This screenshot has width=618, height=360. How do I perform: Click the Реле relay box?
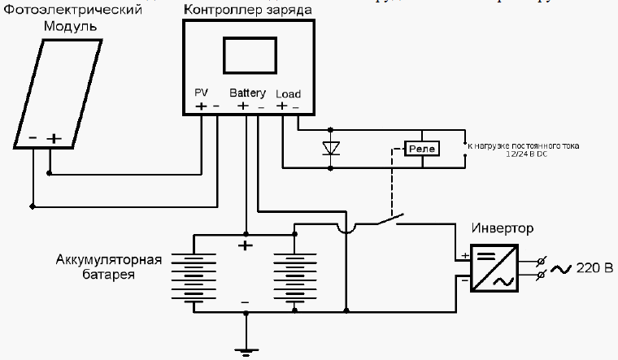coord(422,148)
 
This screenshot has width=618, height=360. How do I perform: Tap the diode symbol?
coord(331,148)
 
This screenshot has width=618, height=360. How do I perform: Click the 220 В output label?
coord(593,267)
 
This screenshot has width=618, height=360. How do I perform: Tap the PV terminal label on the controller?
coord(202,93)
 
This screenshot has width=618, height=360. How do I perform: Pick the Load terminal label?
coord(288,93)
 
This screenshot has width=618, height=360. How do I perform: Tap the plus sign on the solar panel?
coord(54,139)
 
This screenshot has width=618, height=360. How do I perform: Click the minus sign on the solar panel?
coord(33,138)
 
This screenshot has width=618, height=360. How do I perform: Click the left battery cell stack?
coord(194,276)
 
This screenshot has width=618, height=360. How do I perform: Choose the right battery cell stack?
coord(294,276)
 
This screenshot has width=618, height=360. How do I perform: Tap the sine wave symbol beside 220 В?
coord(560,267)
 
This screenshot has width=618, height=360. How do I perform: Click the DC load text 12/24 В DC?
coord(524,154)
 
